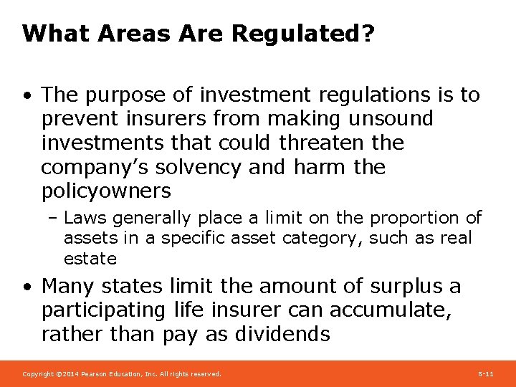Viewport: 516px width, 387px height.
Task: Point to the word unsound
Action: click(x=394, y=119)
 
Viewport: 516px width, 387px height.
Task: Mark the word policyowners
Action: click(x=106, y=191)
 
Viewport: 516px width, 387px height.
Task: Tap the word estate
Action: click(x=90, y=258)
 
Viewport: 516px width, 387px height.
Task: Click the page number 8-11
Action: click(x=485, y=374)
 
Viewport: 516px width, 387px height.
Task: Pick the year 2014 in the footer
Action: click(x=72, y=374)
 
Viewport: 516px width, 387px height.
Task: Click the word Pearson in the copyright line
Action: click(x=97, y=374)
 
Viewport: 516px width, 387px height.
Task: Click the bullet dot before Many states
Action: click(x=27, y=287)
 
